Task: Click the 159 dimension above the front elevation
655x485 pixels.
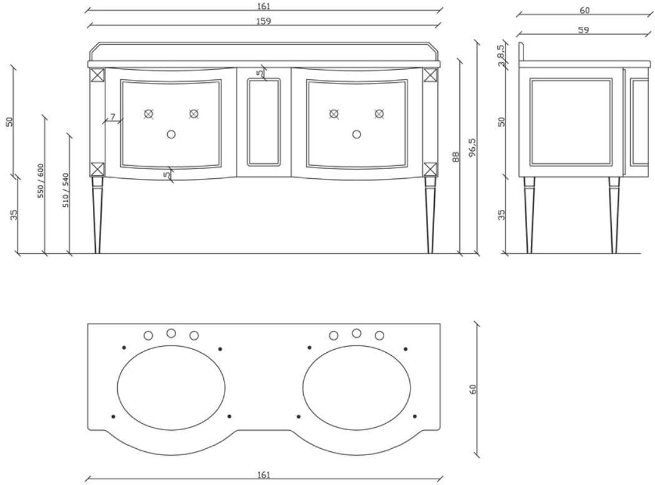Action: click(265, 21)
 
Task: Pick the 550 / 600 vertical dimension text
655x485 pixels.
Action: click(41, 181)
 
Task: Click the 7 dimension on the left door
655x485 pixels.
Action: click(112, 117)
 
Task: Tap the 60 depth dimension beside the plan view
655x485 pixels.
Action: click(473, 389)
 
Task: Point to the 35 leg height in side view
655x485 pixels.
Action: click(502, 214)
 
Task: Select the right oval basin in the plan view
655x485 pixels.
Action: click(357, 388)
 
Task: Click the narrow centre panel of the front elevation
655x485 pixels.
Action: click(264, 122)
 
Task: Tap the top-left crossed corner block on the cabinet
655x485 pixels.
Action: click(97, 75)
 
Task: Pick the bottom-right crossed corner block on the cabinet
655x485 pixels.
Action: click(430, 169)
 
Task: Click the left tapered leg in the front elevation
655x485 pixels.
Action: click(97, 215)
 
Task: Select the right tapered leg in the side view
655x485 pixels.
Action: click(614, 215)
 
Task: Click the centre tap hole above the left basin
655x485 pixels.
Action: click(171, 334)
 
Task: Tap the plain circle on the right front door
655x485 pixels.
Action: click(357, 134)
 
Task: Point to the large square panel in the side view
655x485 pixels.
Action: click(570, 122)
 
